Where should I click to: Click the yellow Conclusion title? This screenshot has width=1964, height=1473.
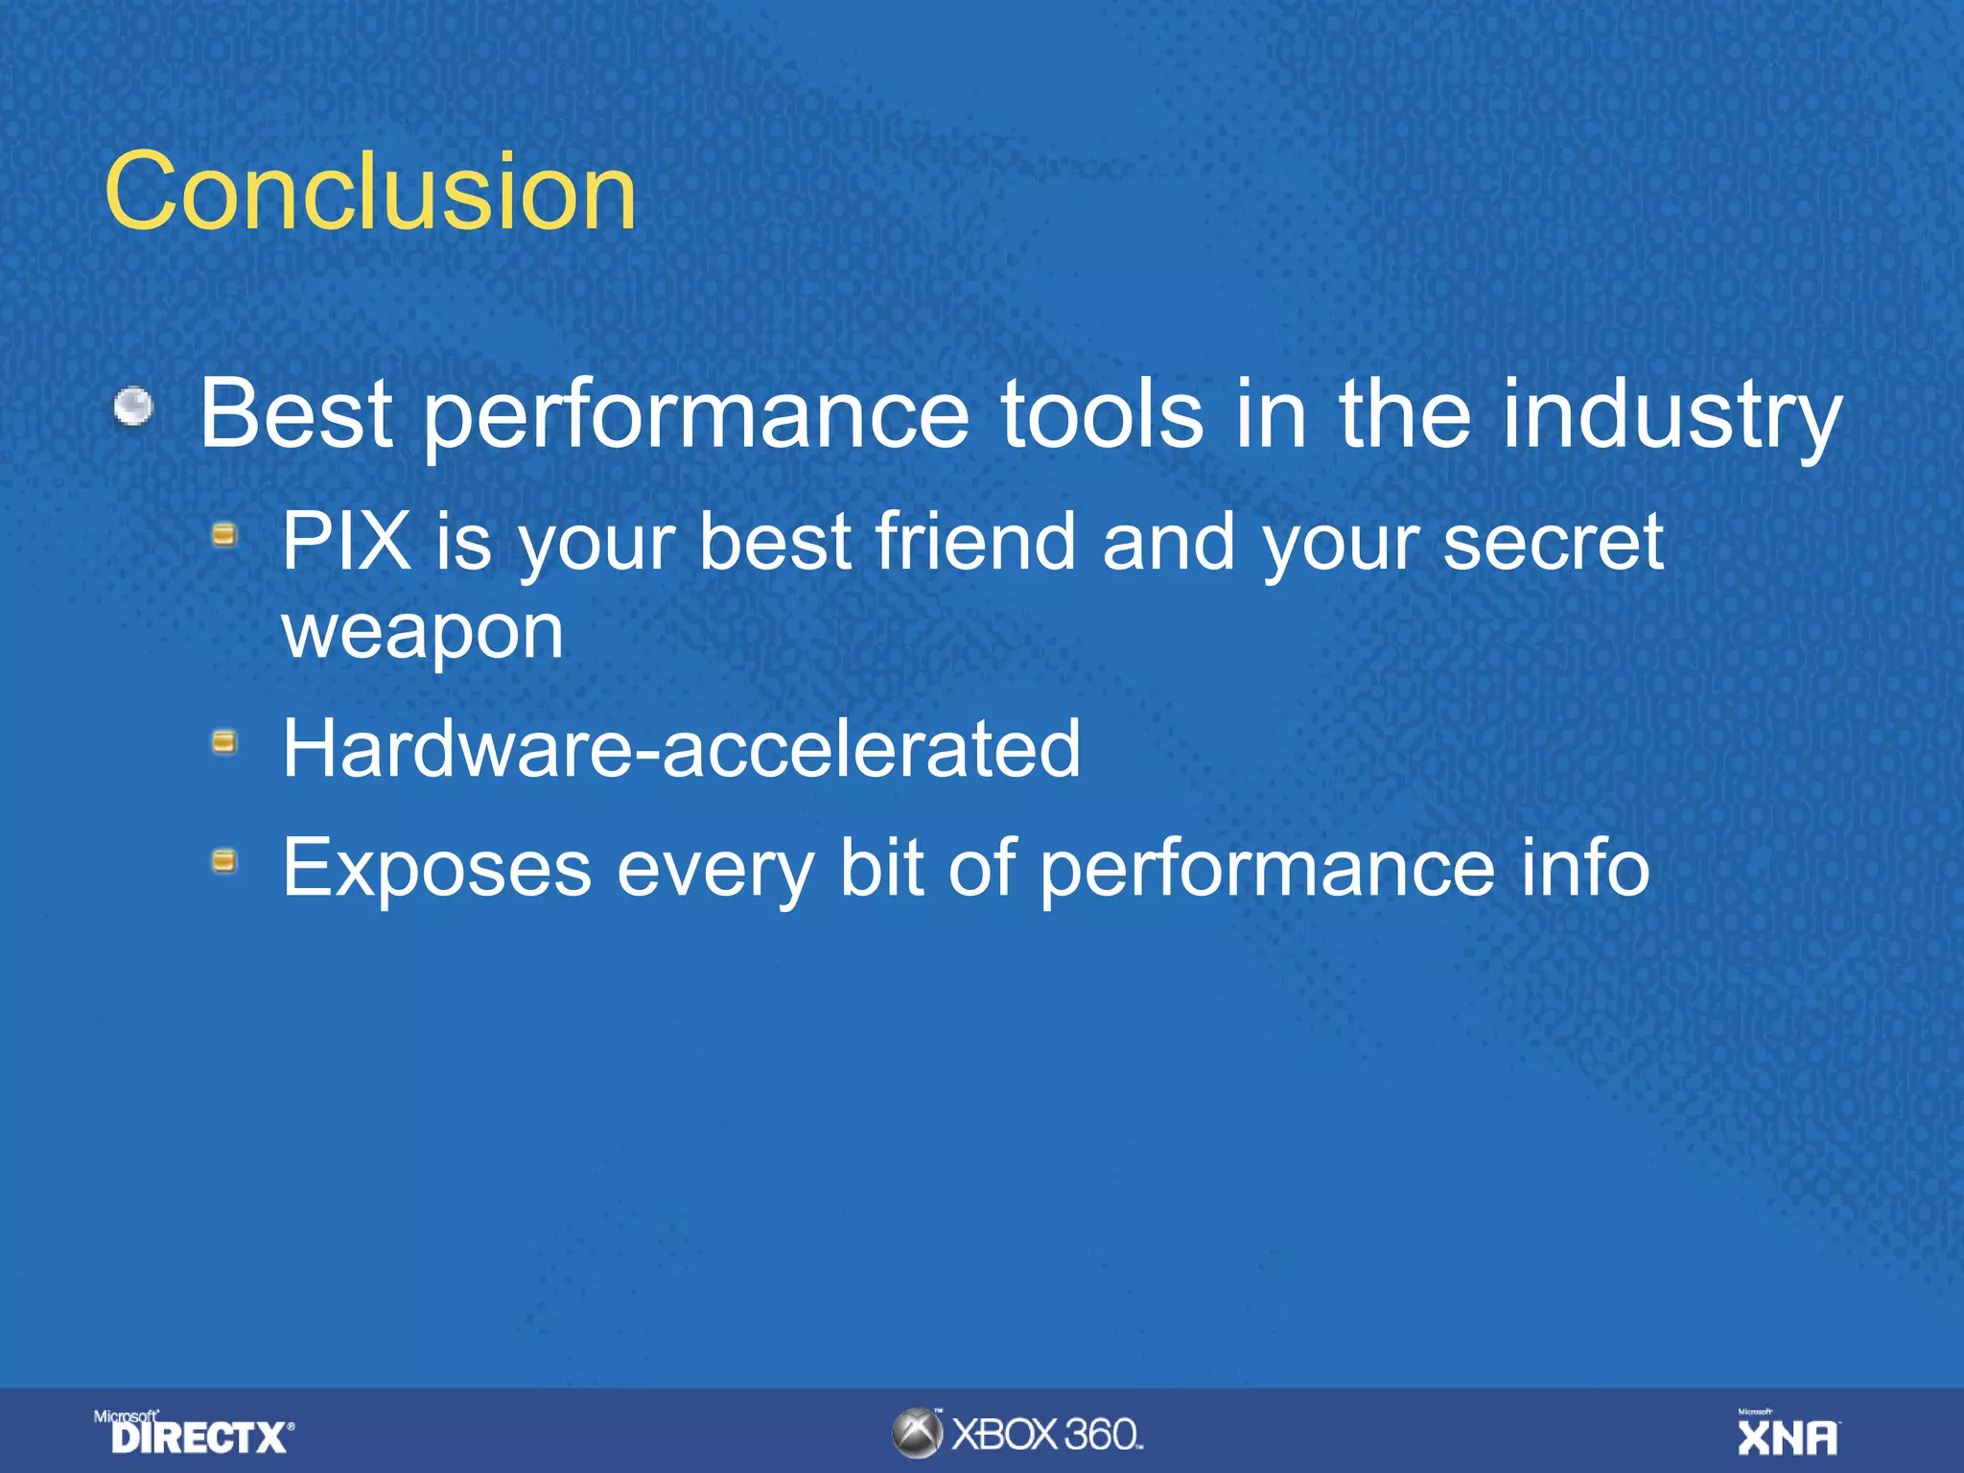click(370, 192)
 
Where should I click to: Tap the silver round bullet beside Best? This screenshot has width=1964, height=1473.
click(133, 407)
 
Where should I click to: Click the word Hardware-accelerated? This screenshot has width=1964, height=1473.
click(681, 748)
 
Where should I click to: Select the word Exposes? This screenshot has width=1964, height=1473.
click(436, 868)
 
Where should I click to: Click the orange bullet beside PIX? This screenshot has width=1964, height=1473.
click(224, 534)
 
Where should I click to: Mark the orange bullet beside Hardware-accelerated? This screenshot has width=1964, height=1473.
click(224, 741)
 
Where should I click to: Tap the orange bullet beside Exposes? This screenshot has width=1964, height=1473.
click(224, 860)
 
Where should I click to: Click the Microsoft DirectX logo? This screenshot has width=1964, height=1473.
click(195, 1433)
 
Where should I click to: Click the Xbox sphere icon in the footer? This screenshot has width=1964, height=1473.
click(917, 1434)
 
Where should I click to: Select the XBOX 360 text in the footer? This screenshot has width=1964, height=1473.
click(1046, 1435)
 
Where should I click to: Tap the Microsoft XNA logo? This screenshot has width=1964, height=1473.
click(1788, 1434)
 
